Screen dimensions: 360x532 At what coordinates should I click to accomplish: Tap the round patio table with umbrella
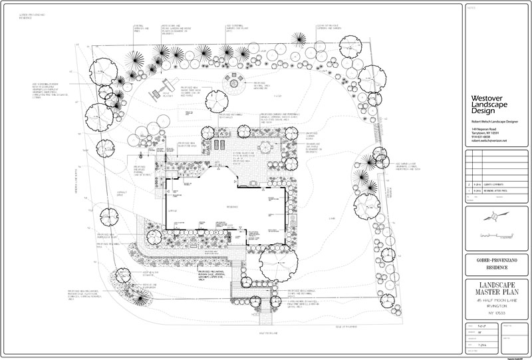coord(266,146)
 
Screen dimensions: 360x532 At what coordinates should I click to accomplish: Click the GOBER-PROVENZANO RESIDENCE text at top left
coord(29,14)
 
